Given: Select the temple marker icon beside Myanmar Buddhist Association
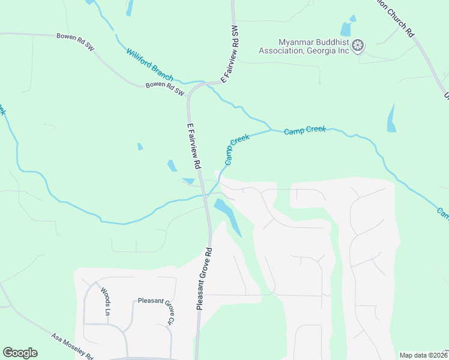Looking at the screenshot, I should point(358,46).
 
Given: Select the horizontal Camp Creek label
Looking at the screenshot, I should point(304,129).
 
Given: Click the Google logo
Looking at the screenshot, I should point(20,353).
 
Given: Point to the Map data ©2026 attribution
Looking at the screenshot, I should point(424,355).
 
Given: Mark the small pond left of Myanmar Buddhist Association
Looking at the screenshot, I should point(346,29).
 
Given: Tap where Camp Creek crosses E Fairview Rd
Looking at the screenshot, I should point(206,195).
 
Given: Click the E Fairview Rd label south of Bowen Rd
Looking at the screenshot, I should point(193,145).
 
